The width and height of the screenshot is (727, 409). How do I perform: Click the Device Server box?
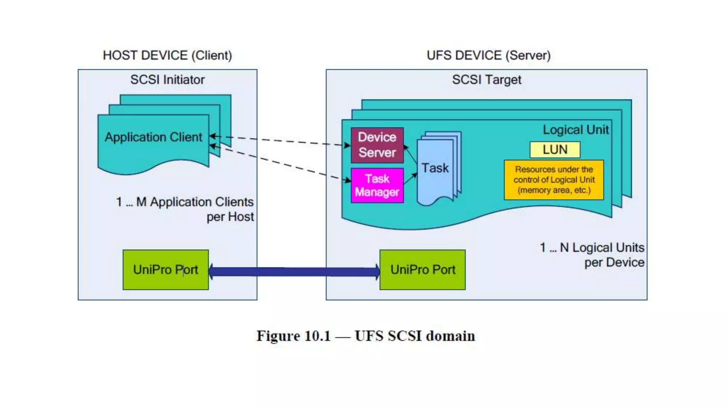click(x=377, y=145)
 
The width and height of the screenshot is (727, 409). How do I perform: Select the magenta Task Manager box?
click(x=377, y=185)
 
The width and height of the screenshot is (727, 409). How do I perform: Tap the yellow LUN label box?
click(x=555, y=149)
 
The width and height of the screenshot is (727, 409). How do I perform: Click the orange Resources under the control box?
click(x=554, y=180)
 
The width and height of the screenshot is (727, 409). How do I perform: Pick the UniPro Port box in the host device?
click(x=165, y=270)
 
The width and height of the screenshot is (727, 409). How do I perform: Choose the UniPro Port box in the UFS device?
click(x=422, y=270)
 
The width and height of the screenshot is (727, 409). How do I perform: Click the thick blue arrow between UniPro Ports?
click(x=294, y=272)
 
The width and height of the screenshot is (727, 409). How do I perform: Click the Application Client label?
click(x=153, y=137)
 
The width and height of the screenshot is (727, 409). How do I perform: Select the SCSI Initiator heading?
click(x=167, y=80)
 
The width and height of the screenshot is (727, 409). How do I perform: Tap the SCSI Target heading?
click(x=486, y=80)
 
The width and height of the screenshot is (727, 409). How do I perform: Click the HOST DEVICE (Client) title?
click(x=167, y=55)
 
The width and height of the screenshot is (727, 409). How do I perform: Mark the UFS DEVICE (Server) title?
click(x=488, y=55)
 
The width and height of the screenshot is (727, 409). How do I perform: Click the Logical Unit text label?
click(x=575, y=130)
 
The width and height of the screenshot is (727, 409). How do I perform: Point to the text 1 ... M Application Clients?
click(x=185, y=202)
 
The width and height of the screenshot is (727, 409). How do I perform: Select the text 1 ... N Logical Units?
click(x=592, y=247)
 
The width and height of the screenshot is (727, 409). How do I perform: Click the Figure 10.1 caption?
click(x=366, y=336)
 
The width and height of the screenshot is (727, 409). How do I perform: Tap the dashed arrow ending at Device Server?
click(x=280, y=141)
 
